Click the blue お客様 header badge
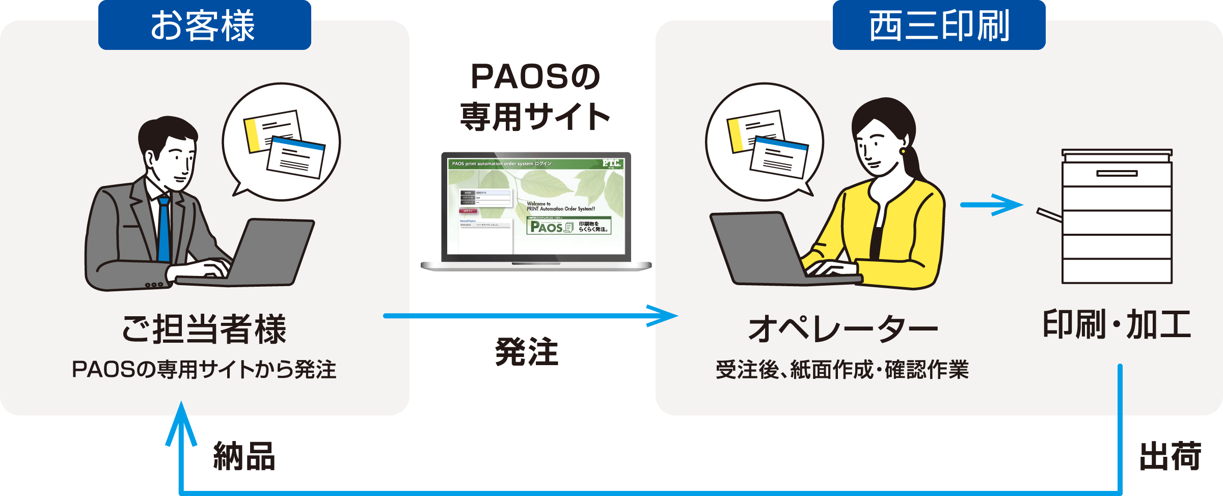click(204, 25)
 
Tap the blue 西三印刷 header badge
click(939, 25)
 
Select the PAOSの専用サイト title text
click(535, 97)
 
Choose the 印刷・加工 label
click(1117, 324)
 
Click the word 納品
click(244, 456)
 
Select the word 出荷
click(1170, 456)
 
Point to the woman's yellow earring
click(903, 151)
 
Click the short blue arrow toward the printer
click(991, 205)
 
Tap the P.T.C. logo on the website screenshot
click(611, 163)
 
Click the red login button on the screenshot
click(468, 211)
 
